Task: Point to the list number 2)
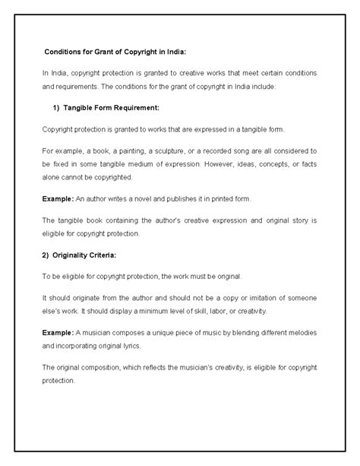pos(48,255)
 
